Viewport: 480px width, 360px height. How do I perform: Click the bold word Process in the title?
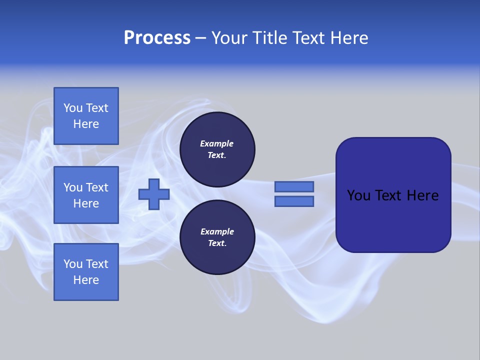click(157, 38)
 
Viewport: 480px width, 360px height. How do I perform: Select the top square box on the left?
click(86, 116)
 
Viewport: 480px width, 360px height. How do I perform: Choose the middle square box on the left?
click(86, 195)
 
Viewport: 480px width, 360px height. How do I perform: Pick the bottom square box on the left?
click(86, 272)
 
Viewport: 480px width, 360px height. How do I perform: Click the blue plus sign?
click(154, 194)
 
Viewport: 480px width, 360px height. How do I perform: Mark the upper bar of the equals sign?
click(294, 186)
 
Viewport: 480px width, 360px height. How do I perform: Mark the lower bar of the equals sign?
click(294, 201)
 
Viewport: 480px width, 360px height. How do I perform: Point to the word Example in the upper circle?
click(216, 143)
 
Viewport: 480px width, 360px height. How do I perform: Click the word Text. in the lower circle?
click(217, 243)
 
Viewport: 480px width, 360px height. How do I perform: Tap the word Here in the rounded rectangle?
click(422, 195)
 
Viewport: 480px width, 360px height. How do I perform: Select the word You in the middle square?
click(72, 187)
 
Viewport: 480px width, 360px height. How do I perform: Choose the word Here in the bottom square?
click(86, 280)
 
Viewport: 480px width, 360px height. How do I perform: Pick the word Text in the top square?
click(96, 108)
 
